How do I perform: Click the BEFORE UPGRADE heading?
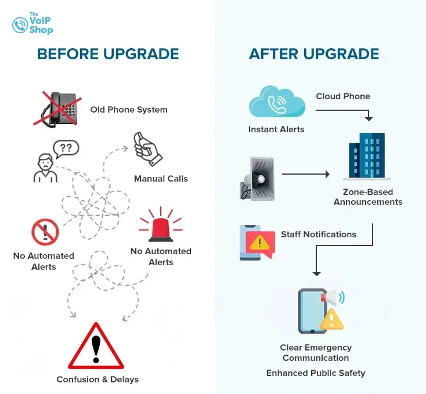[108, 55]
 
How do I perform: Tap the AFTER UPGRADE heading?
[314, 55]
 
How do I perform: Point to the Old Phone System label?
[129, 109]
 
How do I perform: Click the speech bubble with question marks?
[66, 148]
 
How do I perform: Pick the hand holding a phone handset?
[147, 149]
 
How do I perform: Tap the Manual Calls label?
[161, 179]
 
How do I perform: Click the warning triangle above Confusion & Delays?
[96, 348]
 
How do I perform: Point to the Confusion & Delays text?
[98, 379]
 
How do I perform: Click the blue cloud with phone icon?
[276, 103]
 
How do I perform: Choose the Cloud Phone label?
[342, 96]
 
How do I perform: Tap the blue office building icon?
[367, 156]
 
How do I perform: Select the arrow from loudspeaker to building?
[305, 174]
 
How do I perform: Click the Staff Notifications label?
[319, 234]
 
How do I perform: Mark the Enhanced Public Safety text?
[316, 373]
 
